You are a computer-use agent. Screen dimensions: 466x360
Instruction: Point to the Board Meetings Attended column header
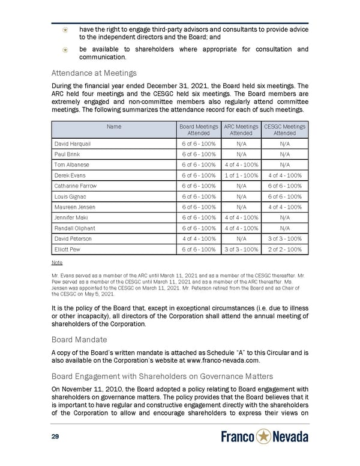(199, 130)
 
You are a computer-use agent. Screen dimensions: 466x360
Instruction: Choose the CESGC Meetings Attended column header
(285, 130)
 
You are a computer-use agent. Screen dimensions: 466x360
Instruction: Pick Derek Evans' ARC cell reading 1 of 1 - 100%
(241, 175)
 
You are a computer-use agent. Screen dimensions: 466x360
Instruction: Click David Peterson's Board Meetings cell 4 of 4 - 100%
(199, 238)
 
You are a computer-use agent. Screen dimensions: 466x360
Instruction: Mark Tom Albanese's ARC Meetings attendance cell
(241, 165)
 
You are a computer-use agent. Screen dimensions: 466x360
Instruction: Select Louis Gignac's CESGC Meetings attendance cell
(285, 196)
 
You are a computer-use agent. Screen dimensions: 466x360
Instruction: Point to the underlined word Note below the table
(57, 262)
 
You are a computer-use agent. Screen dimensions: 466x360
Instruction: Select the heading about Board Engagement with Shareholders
(162, 376)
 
